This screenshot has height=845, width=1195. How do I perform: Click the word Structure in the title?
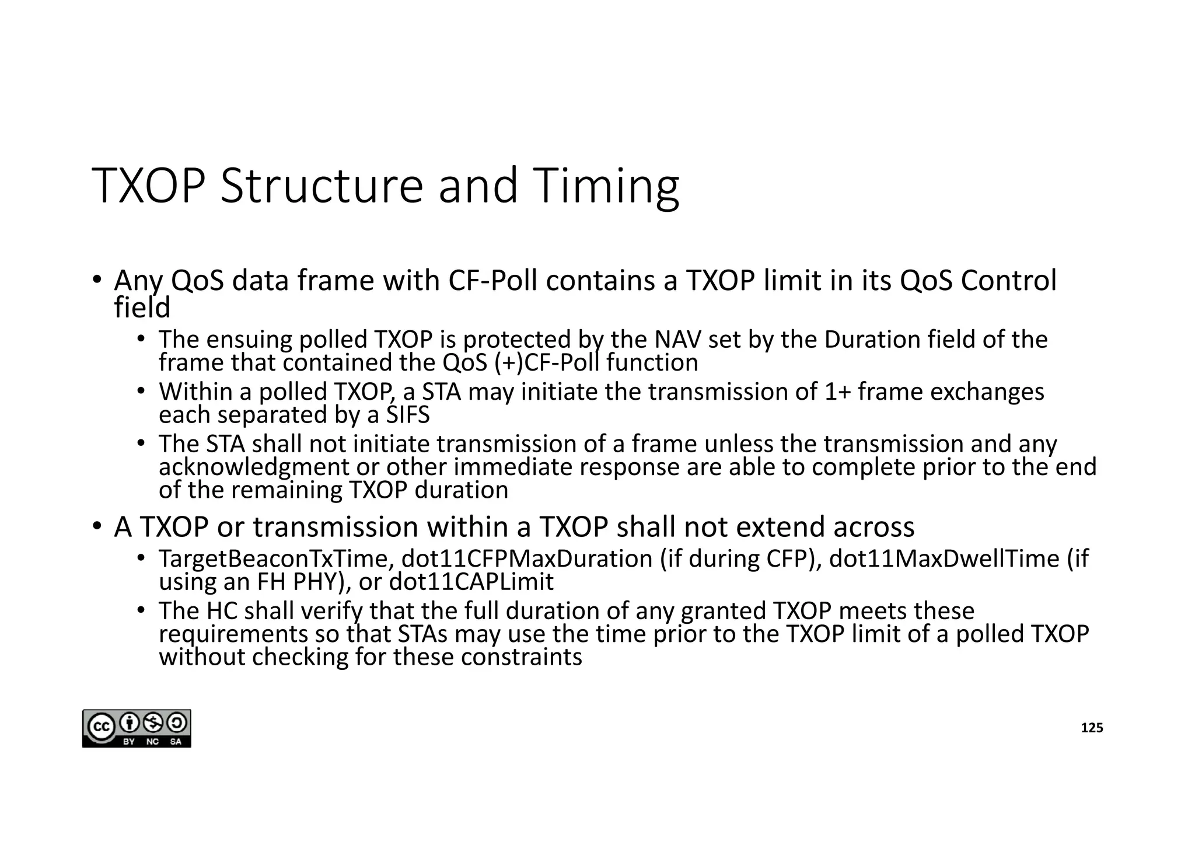(322, 186)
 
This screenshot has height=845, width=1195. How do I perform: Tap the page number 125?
(1092, 728)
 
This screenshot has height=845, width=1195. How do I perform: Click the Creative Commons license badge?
(137, 728)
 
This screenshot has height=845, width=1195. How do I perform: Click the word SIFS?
(408, 415)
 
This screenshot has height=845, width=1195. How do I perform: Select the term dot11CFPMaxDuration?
(527, 559)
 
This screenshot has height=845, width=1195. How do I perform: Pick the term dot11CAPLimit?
(471, 582)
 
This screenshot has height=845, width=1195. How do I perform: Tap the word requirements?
(233, 634)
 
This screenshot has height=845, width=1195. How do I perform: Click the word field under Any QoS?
(142, 308)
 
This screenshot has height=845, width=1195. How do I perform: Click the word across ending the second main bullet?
(873, 527)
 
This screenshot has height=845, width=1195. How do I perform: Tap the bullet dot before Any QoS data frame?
(97, 278)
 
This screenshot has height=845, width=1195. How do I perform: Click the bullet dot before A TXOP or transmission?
(97, 525)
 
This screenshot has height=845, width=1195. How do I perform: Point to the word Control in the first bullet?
(1008, 281)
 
